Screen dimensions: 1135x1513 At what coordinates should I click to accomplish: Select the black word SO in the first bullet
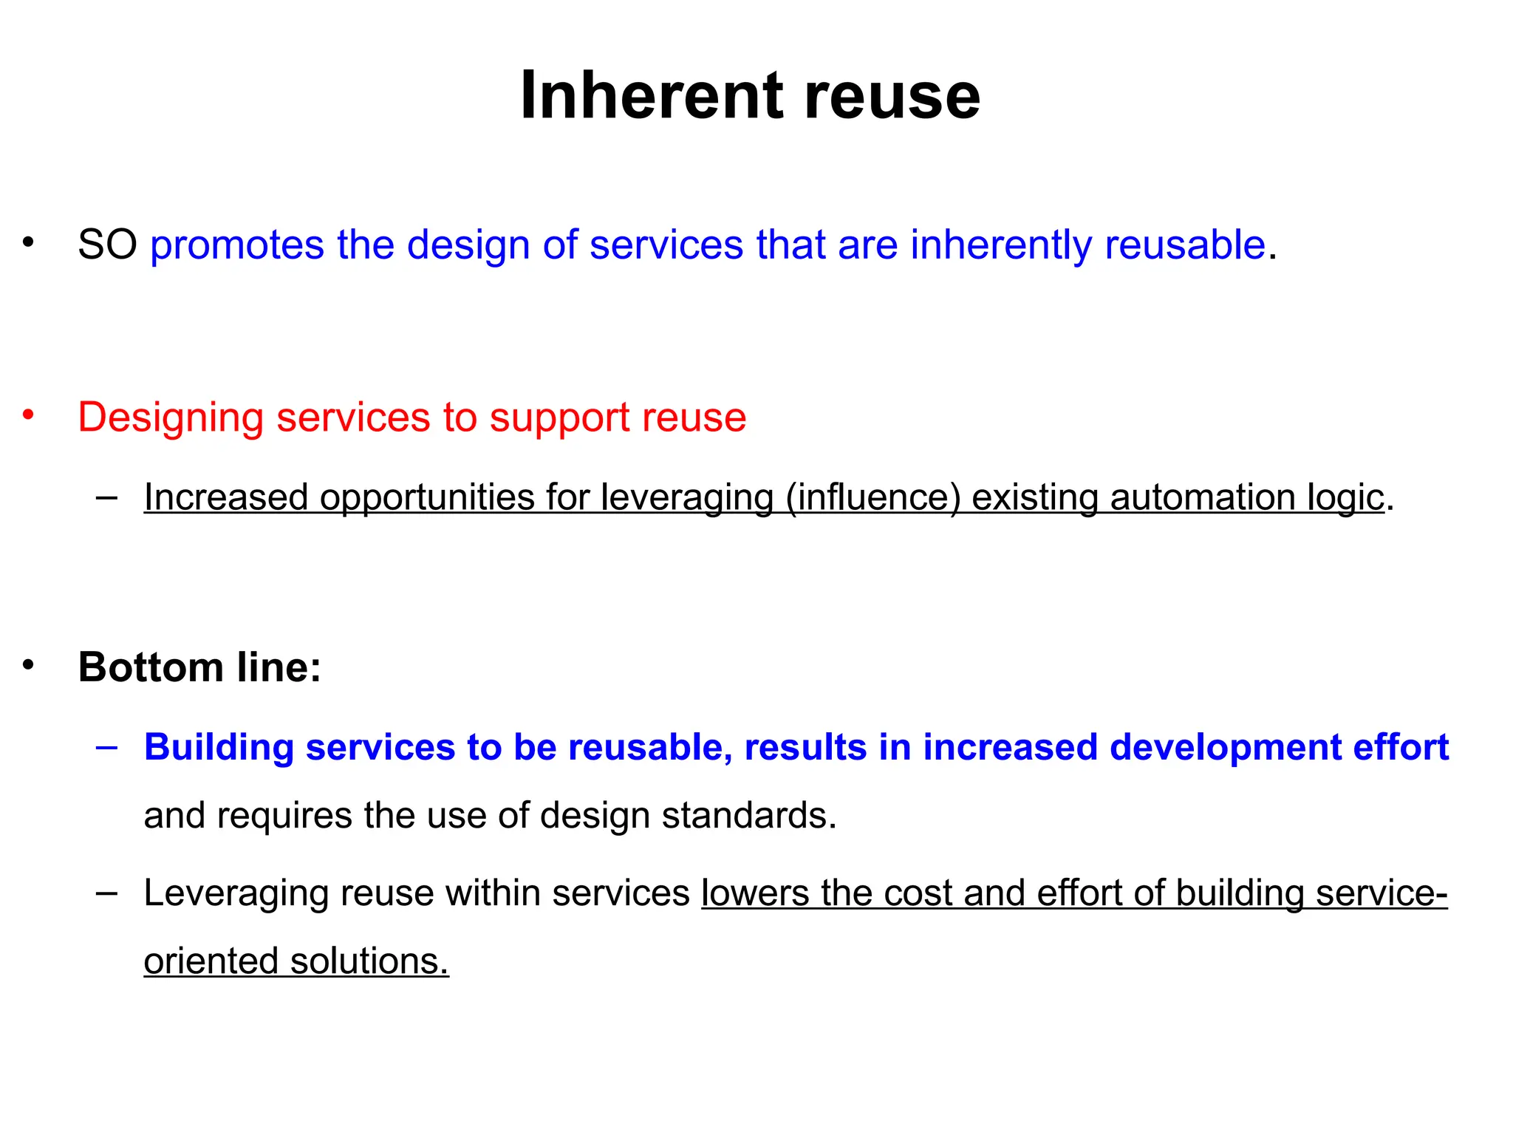[107, 245]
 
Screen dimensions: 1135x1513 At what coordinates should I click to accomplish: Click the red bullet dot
[28, 415]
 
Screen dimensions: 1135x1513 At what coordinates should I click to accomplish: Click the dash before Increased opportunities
[106, 497]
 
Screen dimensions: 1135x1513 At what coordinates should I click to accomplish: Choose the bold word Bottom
[151, 667]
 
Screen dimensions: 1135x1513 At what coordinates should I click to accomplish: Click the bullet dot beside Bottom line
[28, 665]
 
